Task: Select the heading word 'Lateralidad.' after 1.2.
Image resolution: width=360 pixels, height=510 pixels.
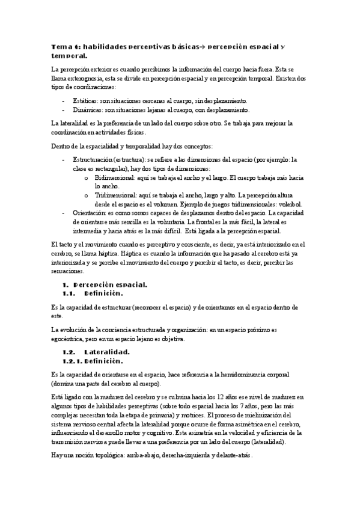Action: click(x=107, y=351)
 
